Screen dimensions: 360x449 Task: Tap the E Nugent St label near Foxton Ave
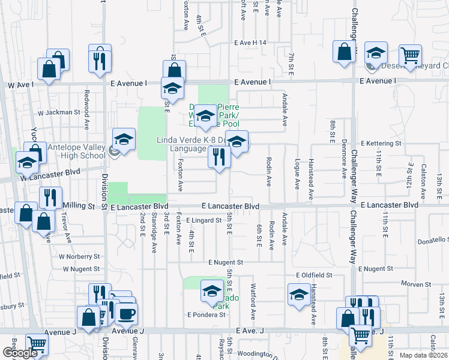pyautogui.click(x=226, y=262)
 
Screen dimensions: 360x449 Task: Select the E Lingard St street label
pyautogui.click(x=203, y=220)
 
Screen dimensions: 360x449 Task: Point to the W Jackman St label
pyautogui.click(x=59, y=112)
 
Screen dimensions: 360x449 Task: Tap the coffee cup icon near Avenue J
pyautogui.click(x=126, y=313)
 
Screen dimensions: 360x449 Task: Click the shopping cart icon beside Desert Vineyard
pyautogui.click(x=410, y=56)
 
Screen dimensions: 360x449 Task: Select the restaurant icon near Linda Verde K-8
pyautogui.click(x=218, y=158)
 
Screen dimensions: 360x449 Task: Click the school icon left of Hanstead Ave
pyautogui.click(x=298, y=295)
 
